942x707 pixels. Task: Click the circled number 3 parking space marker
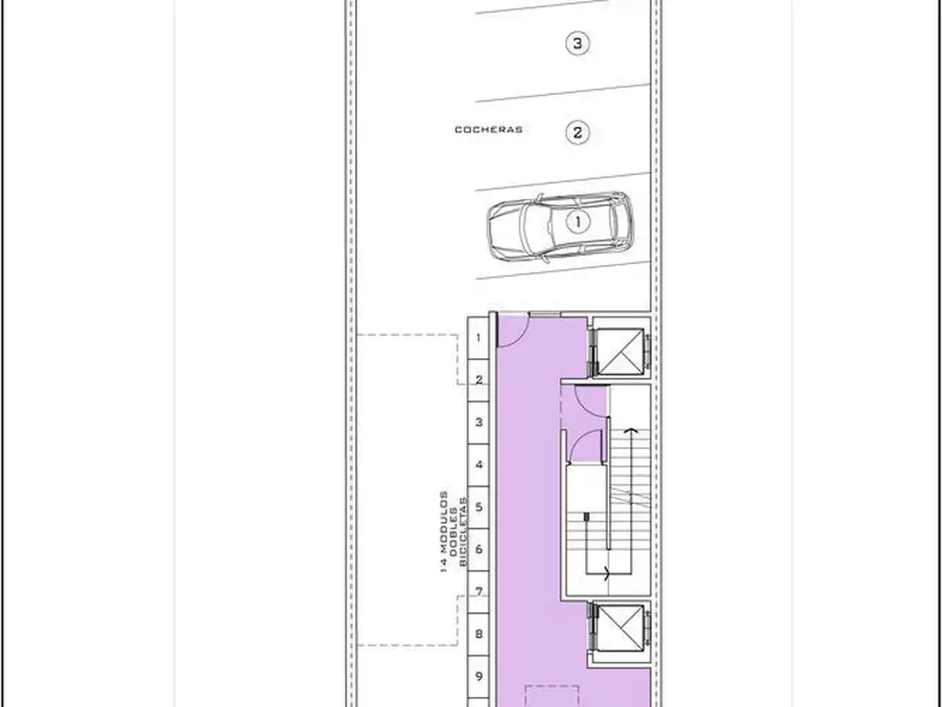578,43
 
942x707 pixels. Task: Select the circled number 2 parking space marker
578,133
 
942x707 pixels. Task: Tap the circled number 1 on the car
578,222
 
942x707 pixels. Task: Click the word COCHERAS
488,129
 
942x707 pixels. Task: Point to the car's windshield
531,226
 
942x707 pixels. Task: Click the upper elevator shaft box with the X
621,352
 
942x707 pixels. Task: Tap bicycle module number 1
478,338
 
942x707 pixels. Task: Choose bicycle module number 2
478,380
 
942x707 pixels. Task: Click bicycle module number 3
478,422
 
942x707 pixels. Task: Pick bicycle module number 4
478,465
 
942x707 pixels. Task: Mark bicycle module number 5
478,507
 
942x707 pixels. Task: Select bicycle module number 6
478,549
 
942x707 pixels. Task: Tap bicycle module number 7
478,592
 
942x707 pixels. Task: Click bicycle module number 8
478,633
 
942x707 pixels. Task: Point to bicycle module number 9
478,677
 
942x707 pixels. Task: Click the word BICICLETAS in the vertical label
463,531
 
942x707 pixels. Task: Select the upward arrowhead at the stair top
630,431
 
